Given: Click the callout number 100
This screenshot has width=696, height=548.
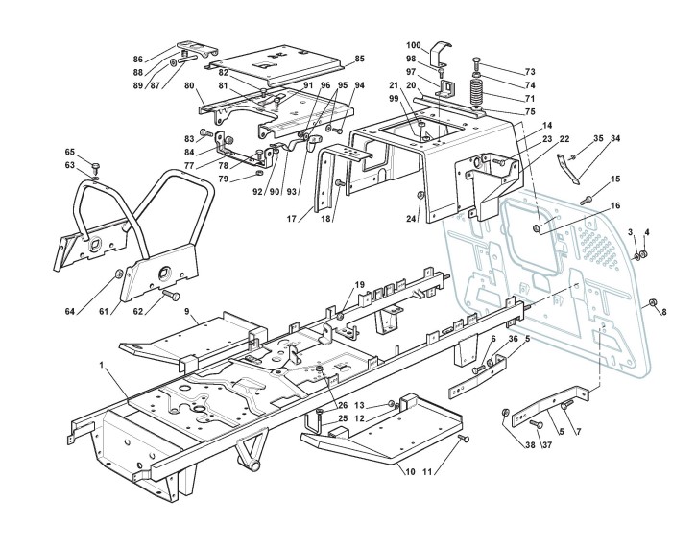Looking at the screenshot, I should [x=414, y=45].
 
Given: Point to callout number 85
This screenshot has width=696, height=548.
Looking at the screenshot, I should [x=360, y=59].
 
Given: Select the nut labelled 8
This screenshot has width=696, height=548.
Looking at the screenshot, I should [x=652, y=303].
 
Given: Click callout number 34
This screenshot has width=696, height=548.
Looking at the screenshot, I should [x=615, y=138].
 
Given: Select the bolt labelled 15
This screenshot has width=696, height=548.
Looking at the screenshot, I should [x=586, y=199].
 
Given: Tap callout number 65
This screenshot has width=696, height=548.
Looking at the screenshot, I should [x=69, y=152].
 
